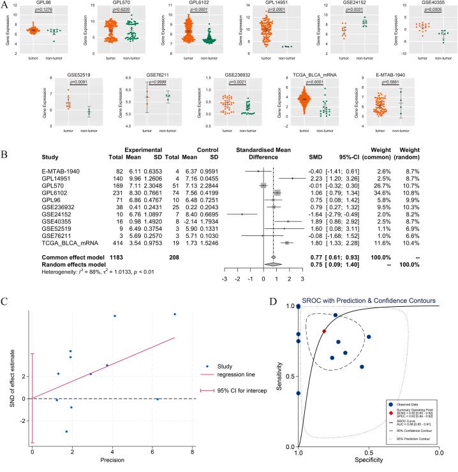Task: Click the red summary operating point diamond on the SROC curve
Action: (x=324, y=332)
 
